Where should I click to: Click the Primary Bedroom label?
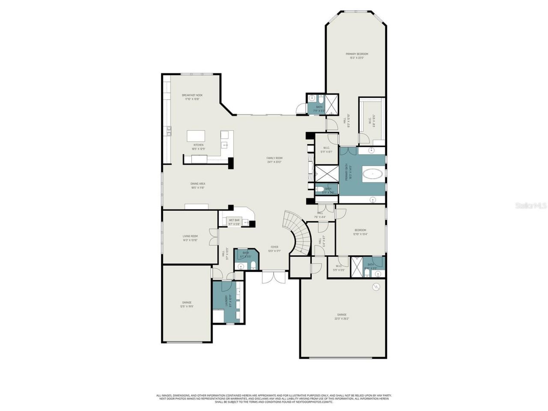tap(357, 56)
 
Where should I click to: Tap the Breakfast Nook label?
tap(192, 97)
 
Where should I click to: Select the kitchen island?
tap(196, 136)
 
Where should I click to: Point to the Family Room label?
tap(274, 160)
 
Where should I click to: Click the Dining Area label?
tap(198, 185)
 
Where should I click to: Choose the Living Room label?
tap(190, 238)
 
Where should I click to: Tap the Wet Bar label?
tap(234, 222)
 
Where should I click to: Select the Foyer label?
tap(274, 249)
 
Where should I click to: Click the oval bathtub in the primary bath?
tap(373, 174)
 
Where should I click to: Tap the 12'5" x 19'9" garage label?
tap(186, 304)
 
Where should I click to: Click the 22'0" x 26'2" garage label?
tap(342, 316)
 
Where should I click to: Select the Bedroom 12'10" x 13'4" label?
tap(360, 232)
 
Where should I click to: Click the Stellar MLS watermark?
tap(530, 206)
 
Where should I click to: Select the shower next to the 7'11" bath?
tap(331, 103)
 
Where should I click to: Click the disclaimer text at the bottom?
tap(274, 399)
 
